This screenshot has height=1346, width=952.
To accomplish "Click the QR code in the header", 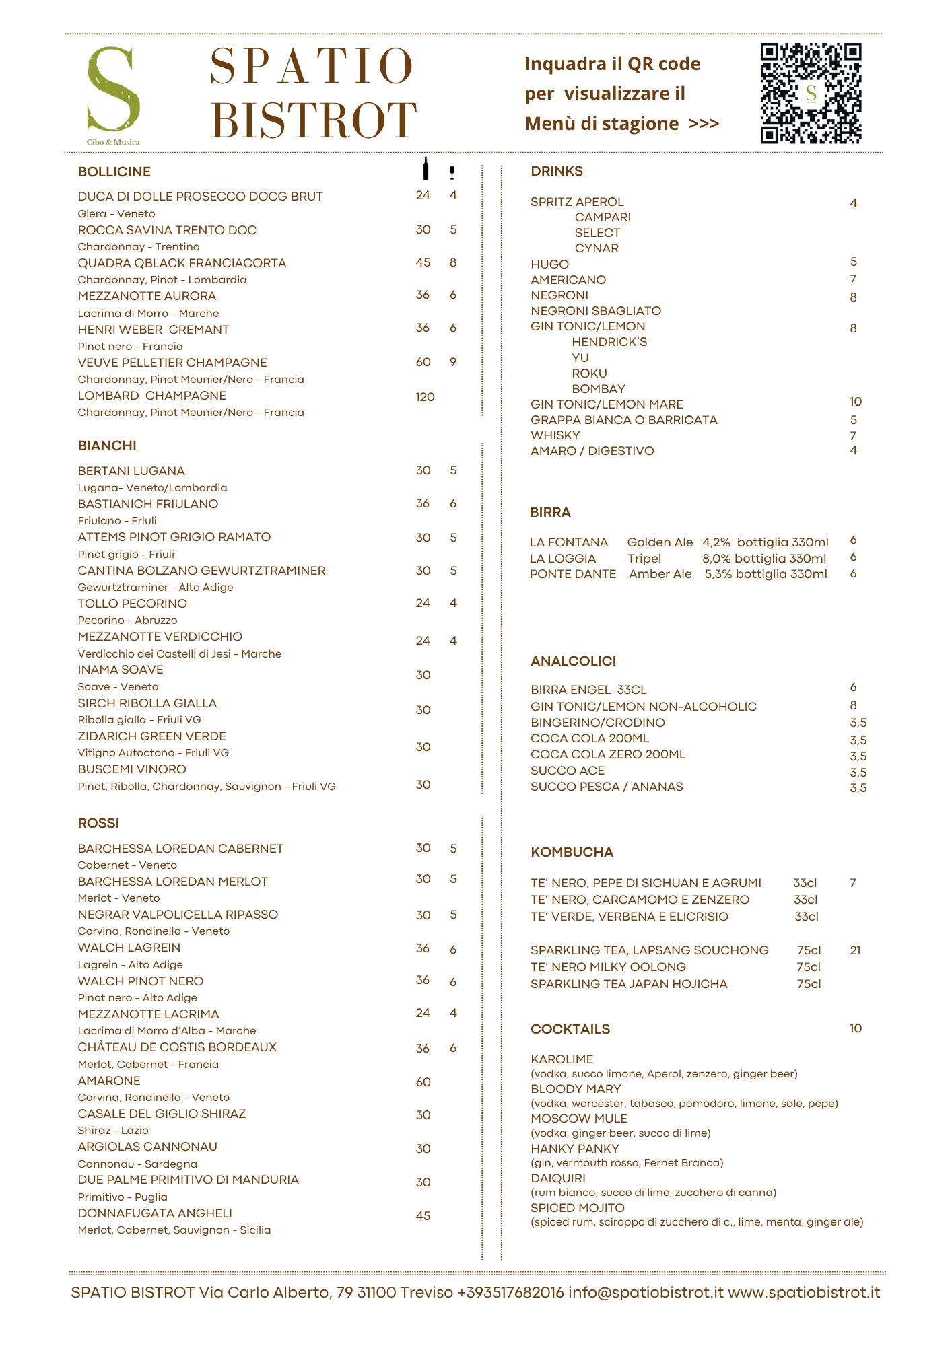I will pos(811,94).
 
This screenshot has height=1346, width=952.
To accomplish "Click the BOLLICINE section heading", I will pos(114,172).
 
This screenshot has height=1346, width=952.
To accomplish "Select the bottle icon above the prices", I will pos(425,169).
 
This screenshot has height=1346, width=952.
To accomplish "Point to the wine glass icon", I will pos(452,172).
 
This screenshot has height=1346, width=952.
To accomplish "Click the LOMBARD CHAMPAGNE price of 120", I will pos(425,397).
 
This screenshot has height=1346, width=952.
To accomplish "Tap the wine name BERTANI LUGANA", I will pos(131,471).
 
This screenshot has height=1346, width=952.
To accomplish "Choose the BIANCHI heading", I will pos(107,446).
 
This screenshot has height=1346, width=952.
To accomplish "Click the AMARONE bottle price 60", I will pos(423,1082).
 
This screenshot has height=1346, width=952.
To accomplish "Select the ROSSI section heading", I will pos(98,823).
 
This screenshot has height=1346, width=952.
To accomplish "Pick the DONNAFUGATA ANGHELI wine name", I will pos(155,1213).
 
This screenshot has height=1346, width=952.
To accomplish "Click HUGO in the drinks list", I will pos(549,264).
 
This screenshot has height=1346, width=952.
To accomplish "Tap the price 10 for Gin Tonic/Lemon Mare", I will pos(855,402).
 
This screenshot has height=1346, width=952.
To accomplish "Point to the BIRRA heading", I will pos(550,512).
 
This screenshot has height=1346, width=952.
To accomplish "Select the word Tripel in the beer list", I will pos(644,559).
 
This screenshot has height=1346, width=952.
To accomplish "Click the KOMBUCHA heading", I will pos(572,852).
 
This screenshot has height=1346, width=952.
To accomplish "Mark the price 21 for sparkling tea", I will pos(855,950).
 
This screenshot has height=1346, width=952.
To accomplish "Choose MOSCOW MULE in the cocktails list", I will pos(578,1119).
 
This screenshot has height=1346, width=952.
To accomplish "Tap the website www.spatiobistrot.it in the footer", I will pos(804,1293).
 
